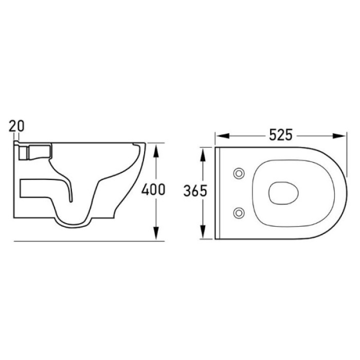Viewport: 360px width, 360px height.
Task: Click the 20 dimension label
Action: point(16,126)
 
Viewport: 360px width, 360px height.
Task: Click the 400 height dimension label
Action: point(153,189)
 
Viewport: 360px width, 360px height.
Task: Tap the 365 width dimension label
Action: point(195,191)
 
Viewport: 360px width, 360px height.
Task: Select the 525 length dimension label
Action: point(281,135)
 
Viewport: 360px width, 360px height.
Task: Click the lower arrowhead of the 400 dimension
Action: point(156,233)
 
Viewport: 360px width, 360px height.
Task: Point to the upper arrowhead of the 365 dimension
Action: point(203,155)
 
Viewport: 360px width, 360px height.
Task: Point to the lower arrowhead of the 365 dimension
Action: point(203,232)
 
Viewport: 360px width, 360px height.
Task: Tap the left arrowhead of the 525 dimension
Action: point(223,136)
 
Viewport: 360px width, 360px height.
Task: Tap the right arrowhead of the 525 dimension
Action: point(339,136)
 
